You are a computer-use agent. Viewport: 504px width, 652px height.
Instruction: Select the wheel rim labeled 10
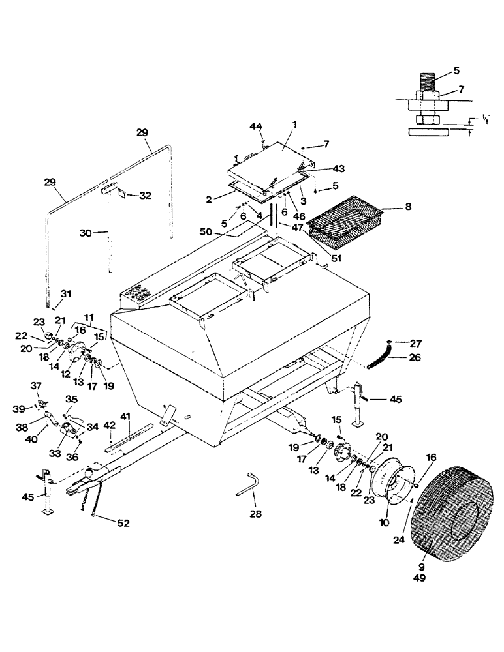pyautogui.click(x=391, y=483)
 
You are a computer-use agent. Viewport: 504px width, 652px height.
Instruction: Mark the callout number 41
pyautogui.click(x=125, y=416)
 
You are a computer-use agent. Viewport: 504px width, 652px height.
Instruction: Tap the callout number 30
pyautogui.click(x=84, y=232)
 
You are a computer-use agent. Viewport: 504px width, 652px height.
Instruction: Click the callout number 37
pyautogui.click(x=35, y=386)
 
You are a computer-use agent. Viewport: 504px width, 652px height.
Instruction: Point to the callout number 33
pyautogui.click(x=54, y=451)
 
